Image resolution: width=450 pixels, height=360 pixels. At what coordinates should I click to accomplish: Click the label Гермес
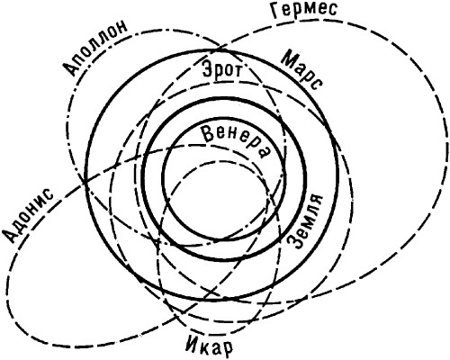(x=303, y=10)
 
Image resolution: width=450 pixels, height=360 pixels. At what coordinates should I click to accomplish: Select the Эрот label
(x=222, y=68)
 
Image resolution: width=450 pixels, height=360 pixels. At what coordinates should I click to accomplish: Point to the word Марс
(x=301, y=70)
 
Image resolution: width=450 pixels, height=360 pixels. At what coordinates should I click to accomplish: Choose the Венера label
(x=236, y=139)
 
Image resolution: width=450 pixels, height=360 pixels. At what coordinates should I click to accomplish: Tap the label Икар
(x=207, y=347)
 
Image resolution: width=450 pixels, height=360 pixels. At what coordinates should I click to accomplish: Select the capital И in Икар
(x=189, y=346)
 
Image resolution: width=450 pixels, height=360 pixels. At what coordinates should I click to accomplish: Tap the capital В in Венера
(x=210, y=133)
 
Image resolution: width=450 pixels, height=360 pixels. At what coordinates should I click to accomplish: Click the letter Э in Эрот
(x=208, y=68)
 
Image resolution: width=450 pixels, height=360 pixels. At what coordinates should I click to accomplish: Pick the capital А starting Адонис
(x=11, y=233)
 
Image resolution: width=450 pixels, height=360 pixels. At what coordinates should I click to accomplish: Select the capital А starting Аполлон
(x=70, y=67)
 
